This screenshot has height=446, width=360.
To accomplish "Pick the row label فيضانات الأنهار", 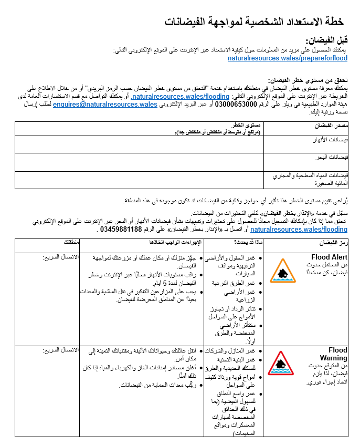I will pos(332,141).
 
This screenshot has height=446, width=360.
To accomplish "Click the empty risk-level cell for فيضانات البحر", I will pos(139,161).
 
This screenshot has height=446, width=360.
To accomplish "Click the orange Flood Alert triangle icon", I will pos(282,271).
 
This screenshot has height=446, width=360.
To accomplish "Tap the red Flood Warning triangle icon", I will pos(282,364).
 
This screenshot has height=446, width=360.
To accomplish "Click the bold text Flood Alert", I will pos(329,257).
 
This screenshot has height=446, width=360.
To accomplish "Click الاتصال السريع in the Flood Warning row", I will pos(60,350).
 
